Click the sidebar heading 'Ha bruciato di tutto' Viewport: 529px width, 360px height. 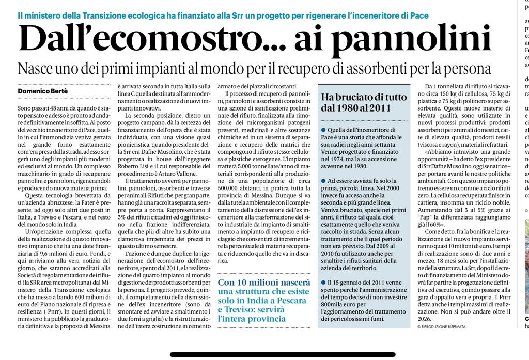364,97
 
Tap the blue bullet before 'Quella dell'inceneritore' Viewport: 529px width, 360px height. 323,130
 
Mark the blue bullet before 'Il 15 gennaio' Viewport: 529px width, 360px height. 323,283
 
